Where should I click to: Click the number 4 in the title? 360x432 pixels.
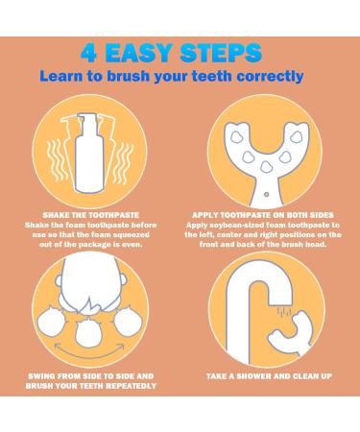click(x=89, y=53)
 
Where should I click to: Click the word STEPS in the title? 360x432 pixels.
click(x=221, y=53)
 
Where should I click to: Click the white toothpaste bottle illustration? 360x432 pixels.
click(x=89, y=153)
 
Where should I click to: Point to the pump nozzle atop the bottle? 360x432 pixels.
click(x=87, y=120)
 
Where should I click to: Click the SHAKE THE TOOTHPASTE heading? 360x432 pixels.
click(x=91, y=215)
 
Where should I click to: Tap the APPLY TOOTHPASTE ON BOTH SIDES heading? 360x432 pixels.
click(x=263, y=215)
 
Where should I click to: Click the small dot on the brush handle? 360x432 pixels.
click(x=266, y=194)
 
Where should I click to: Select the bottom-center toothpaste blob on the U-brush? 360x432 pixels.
click(x=265, y=167)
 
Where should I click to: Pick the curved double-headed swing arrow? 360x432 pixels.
click(x=89, y=351)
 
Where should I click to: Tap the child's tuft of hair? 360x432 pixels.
click(x=90, y=305)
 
